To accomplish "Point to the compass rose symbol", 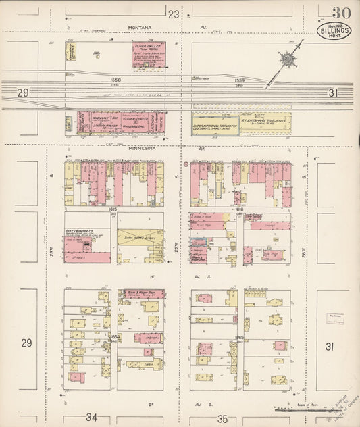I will click(x=289, y=59).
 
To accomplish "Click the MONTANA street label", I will click(x=141, y=28).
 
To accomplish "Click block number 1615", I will click(x=113, y=210).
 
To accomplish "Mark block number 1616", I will click(x=238, y=210).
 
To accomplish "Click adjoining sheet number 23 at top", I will click(x=174, y=14).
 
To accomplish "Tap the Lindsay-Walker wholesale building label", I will click(x=88, y=125).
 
